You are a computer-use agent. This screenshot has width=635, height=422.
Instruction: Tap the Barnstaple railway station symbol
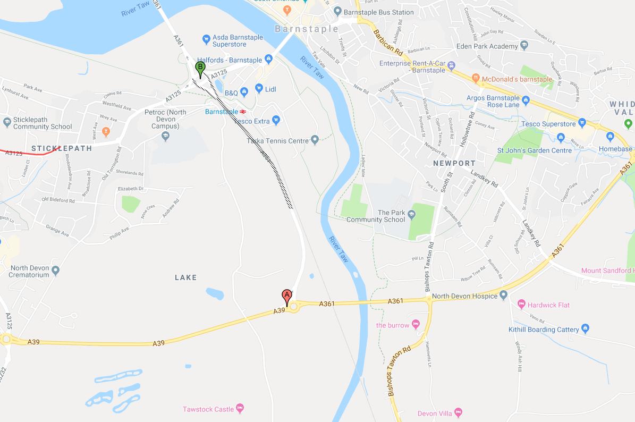(x=242, y=112)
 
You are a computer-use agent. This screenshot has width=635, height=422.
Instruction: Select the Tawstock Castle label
(x=208, y=409)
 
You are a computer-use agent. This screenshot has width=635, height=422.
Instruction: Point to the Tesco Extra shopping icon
(x=276, y=121)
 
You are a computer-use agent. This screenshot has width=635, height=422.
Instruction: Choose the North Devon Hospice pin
(x=504, y=296)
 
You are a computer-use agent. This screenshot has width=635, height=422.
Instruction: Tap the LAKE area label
(x=185, y=277)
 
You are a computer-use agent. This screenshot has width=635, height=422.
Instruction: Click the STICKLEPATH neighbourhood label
(x=62, y=148)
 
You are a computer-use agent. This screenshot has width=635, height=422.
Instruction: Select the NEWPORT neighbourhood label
(x=454, y=163)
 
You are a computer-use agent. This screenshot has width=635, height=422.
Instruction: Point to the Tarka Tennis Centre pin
(x=315, y=140)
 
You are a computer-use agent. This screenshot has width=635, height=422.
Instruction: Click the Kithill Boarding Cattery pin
(x=585, y=329)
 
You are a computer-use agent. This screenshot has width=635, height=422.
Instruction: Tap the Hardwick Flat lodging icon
(x=521, y=305)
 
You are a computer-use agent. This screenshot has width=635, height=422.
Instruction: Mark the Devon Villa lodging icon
(x=459, y=413)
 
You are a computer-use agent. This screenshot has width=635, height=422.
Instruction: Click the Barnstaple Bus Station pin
(x=337, y=12)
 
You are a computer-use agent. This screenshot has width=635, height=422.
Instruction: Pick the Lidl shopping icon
(x=259, y=89)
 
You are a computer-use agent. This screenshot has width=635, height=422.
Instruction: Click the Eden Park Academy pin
(x=524, y=46)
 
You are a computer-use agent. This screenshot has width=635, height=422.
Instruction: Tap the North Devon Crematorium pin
(x=56, y=271)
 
